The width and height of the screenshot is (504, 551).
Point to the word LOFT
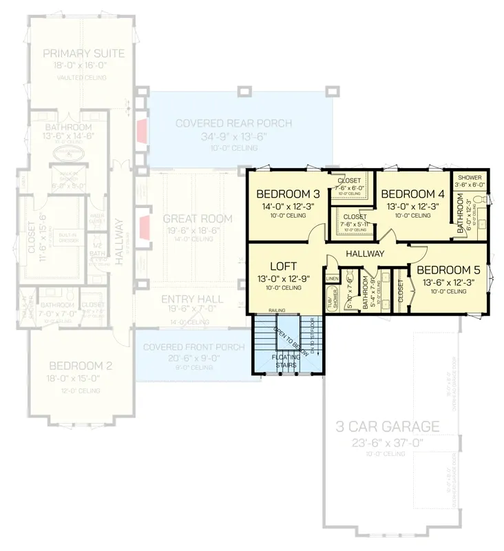(x=282, y=265)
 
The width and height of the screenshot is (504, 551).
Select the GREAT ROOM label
(x=197, y=219)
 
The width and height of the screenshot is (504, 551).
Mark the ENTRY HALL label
(x=191, y=300)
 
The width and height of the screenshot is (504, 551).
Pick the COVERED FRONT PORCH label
(x=191, y=346)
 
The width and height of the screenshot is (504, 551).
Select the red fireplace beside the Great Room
(x=144, y=225)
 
